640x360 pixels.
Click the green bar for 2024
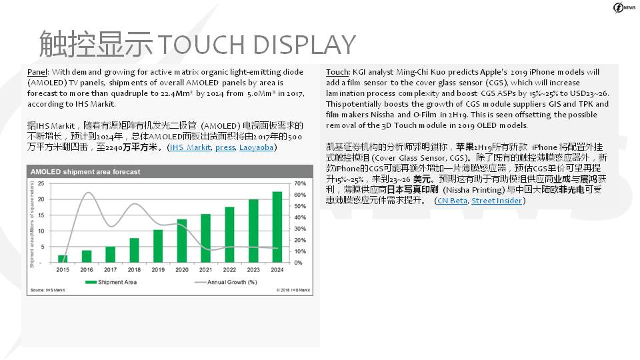click(x=277, y=227)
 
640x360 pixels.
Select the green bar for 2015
click(x=63, y=259)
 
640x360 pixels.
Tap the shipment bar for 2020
click(x=181, y=241)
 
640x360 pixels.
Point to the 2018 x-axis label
click(x=134, y=270)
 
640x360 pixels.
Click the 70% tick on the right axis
click(x=300, y=184)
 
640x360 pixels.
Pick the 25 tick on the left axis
click(x=41, y=184)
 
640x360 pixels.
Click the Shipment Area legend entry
click(x=111, y=282)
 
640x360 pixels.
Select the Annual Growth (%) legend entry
click(x=226, y=282)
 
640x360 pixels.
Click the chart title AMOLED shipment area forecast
click(x=85, y=172)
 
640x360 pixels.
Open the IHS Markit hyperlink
click(x=190, y=147)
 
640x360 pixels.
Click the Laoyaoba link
click(x=256, y=147)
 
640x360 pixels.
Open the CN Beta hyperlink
click(x=452, y=201)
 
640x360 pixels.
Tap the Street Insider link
click(x=497, y=201)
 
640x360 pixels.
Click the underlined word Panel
click(x=37, y=72)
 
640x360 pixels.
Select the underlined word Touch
click(x=337, y=72)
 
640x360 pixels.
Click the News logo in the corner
click(x=624, y=8)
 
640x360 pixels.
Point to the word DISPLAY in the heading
click(x=304, y=45)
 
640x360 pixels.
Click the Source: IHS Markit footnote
click(x=48, y=290)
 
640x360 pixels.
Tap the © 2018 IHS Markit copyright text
click(x=293, y=290)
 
